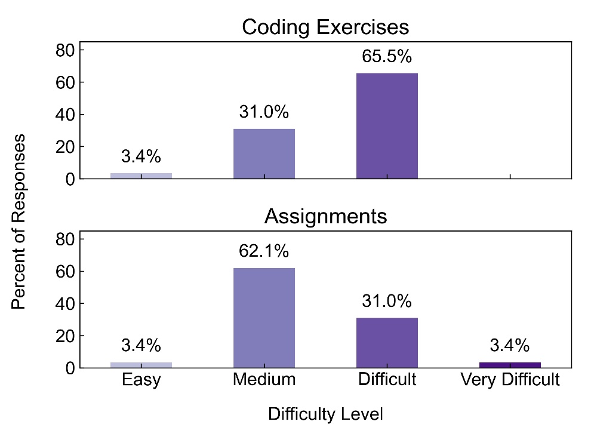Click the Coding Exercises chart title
[325, 27]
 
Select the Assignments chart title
[325, 216]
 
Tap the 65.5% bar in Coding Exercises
[387, 125]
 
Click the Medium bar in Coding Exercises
[263, 153]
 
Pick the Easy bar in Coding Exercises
[141, 176]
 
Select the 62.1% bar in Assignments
[263, 318]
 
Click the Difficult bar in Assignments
[387, 343]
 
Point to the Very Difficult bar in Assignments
[510, 365]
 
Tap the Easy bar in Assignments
[141, 365]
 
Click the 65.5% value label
[387, 57]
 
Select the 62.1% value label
[263, 251]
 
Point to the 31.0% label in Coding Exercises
[263, 112]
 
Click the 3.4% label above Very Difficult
[510, 345]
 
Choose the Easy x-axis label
[141, 380]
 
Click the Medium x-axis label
[263, 380]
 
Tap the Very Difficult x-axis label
[510, 380]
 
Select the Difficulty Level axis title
[325, 414]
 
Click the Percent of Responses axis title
[19, 221]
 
